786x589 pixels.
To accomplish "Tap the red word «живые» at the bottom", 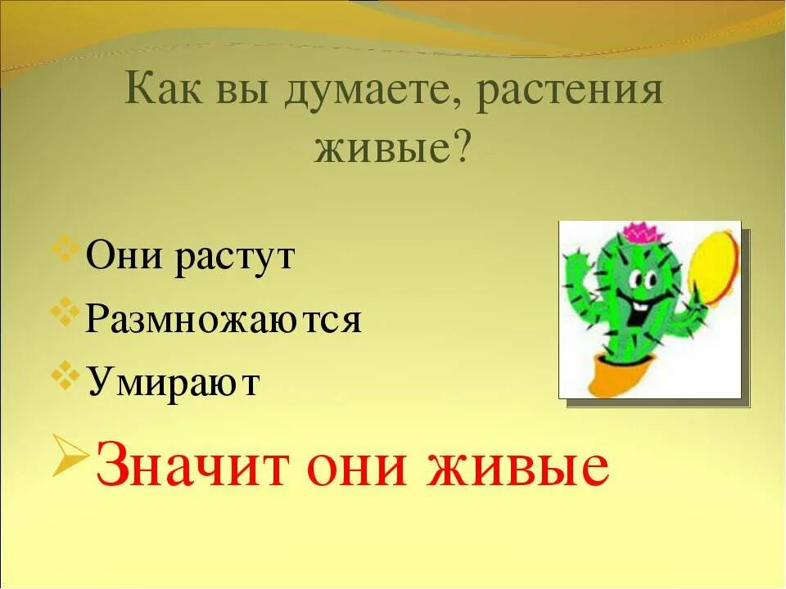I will (x=526, y=468).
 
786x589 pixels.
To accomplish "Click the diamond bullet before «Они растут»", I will (x=70, y=247).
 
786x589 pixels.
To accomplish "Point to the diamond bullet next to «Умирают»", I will (x=70, y=372).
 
